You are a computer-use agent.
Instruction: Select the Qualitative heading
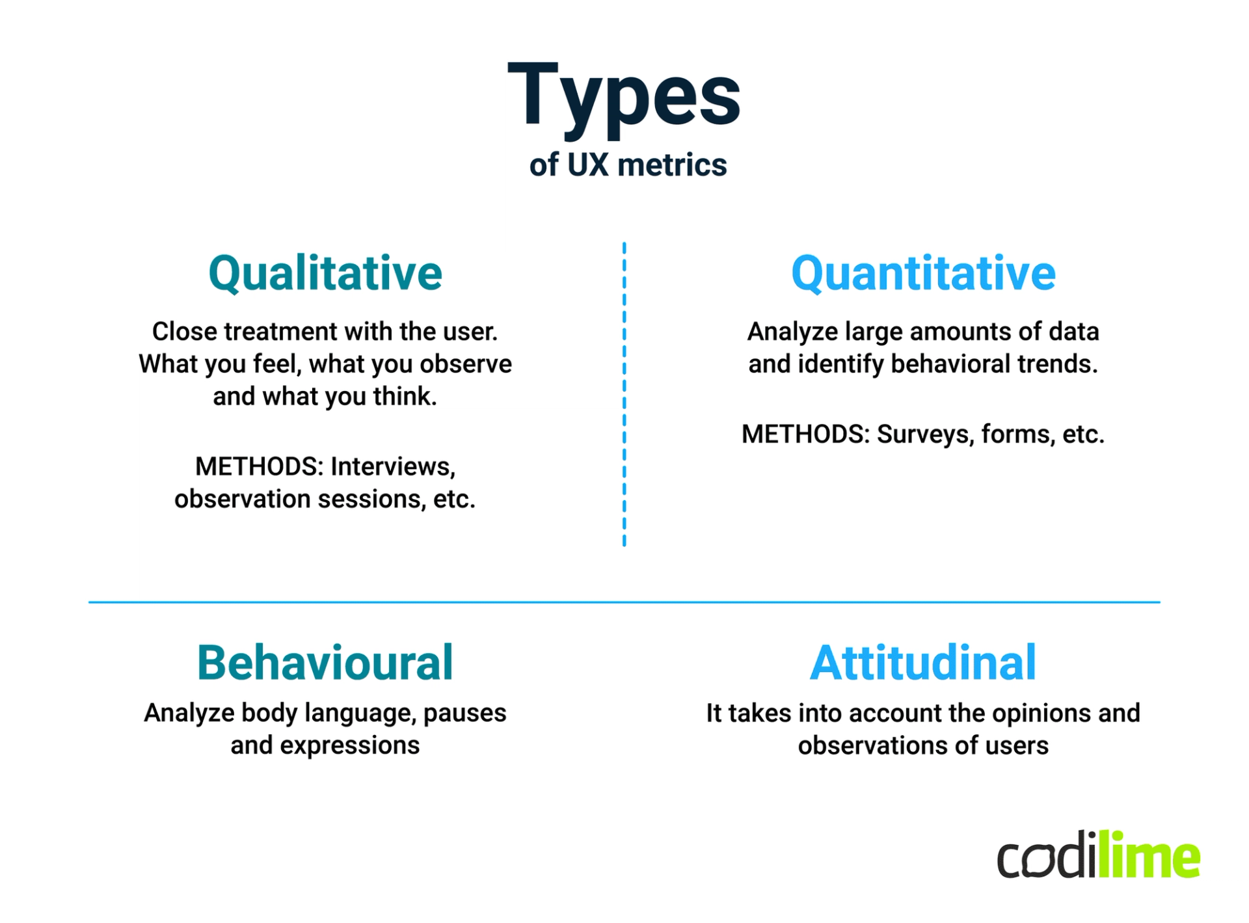(x=325, y=273)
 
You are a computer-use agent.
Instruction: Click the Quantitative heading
(x=923, y=273)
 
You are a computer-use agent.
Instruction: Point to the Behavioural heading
(x=325, y=663)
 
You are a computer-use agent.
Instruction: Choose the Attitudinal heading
(x=923, y=663)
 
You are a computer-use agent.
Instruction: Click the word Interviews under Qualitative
(x=392, y=466)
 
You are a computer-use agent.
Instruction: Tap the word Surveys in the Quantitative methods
(x=924, y=435)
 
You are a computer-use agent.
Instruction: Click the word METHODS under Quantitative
(x=805, y=434)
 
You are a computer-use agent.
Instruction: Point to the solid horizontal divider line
(x=624, y=602)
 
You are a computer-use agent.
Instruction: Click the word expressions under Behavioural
(x=349, y=745)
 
